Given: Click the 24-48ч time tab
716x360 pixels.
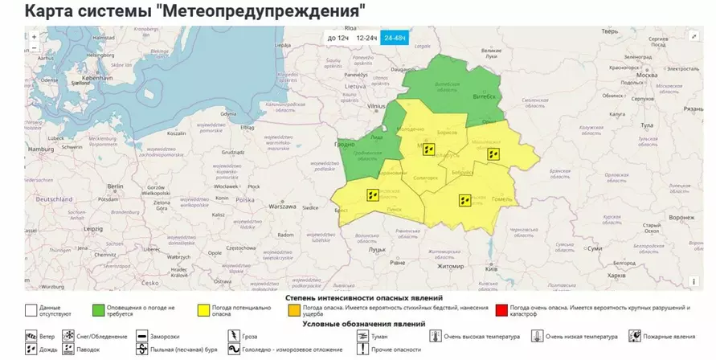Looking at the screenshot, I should (395, 38).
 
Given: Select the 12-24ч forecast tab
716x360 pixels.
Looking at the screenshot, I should (366, 38).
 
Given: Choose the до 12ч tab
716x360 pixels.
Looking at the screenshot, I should (338, 38).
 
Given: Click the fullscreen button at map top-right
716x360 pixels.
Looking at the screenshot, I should (693, 36).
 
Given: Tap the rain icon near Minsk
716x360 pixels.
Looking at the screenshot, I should (429, 149).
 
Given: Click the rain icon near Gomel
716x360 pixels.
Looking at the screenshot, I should (464, 200).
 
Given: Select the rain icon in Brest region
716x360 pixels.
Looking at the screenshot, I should (373, 194).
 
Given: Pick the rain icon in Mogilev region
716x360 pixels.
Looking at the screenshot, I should (494, 153).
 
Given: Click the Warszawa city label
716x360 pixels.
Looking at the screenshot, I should (283, 206).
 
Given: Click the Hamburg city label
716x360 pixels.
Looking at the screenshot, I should (39, 149).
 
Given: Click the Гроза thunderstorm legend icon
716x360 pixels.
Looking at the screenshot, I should (233, 337).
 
